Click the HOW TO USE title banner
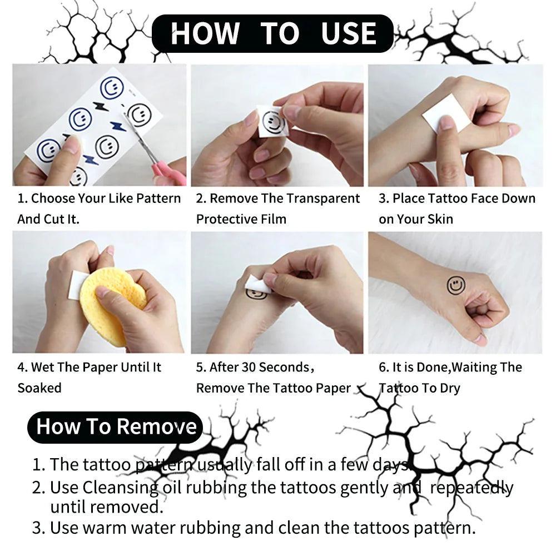point(272,33)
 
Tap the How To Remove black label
point(116,427)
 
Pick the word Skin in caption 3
point(440,219)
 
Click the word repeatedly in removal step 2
point(471,488)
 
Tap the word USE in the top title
point(349,33)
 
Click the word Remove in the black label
point(157,427)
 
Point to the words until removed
point(106,507)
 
